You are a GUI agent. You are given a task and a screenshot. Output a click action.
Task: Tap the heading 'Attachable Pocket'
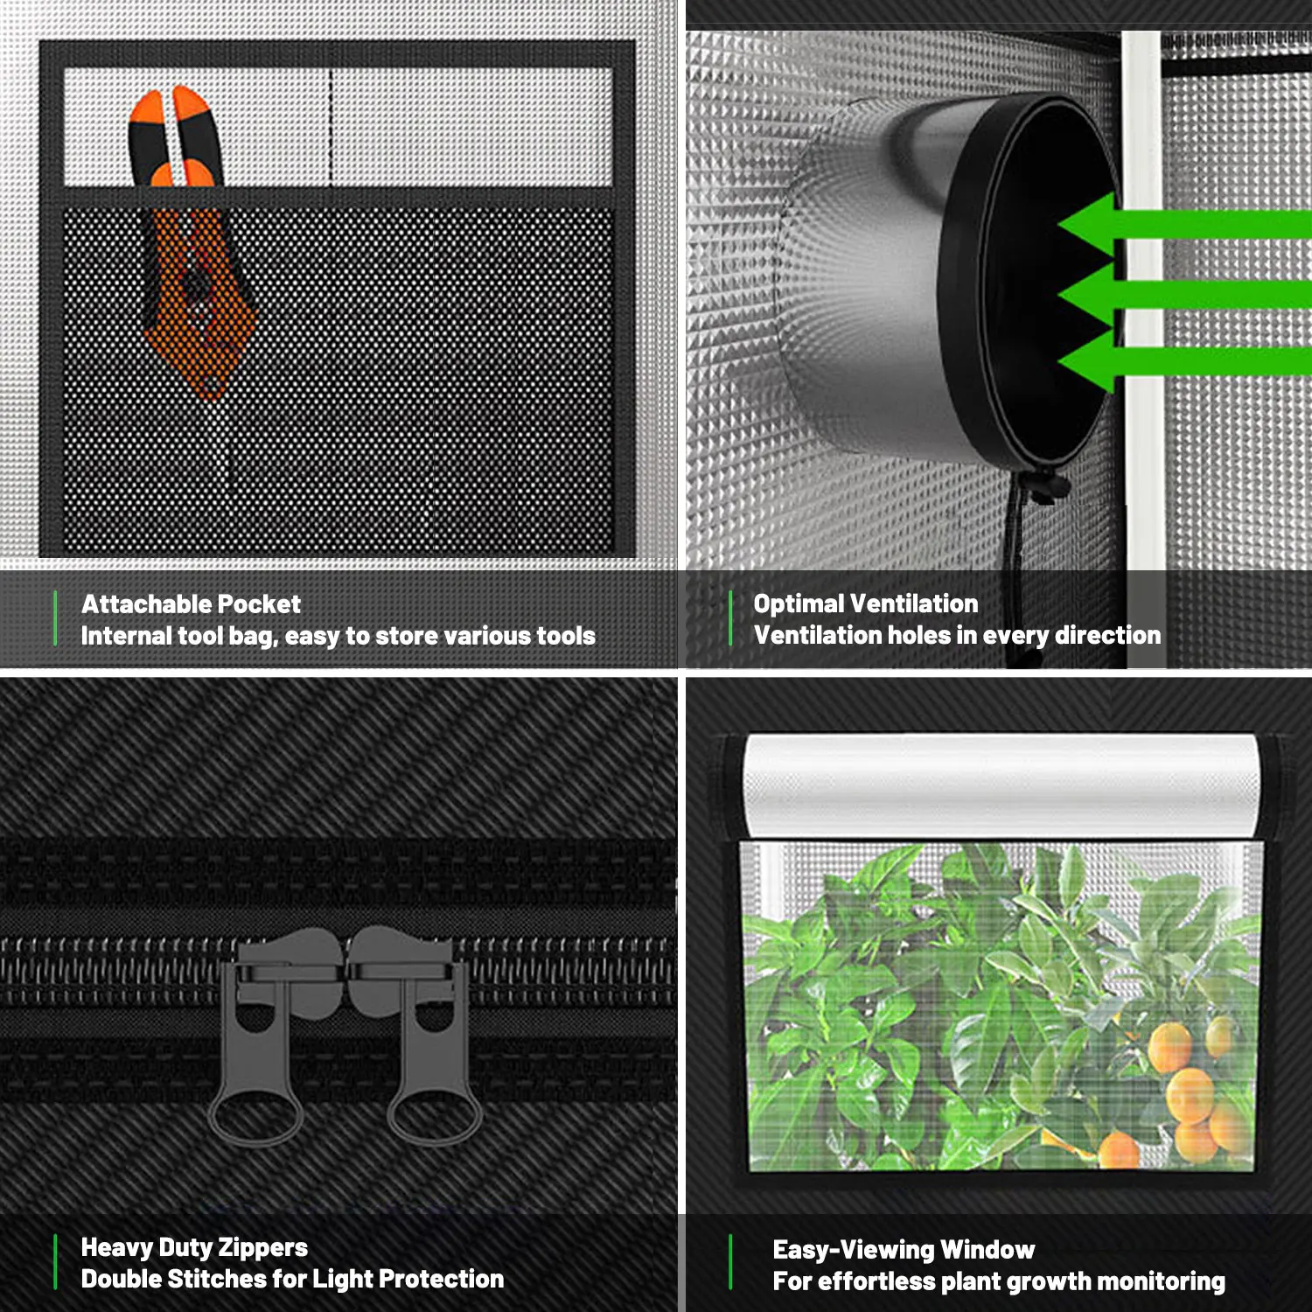tap(191, 604)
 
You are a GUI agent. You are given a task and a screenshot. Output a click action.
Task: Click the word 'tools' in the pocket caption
tap(565, 636)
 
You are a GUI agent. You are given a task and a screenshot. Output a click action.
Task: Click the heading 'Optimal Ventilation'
tap(865, 604)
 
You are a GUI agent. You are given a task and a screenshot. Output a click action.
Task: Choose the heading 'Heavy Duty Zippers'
tap(194, 1247)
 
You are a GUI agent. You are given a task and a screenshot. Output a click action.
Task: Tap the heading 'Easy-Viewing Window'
tap(903, 1250)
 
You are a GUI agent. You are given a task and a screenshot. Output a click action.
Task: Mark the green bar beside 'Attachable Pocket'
tap(55, 618)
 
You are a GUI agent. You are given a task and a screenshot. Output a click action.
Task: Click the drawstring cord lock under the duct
tap(1045, 486)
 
